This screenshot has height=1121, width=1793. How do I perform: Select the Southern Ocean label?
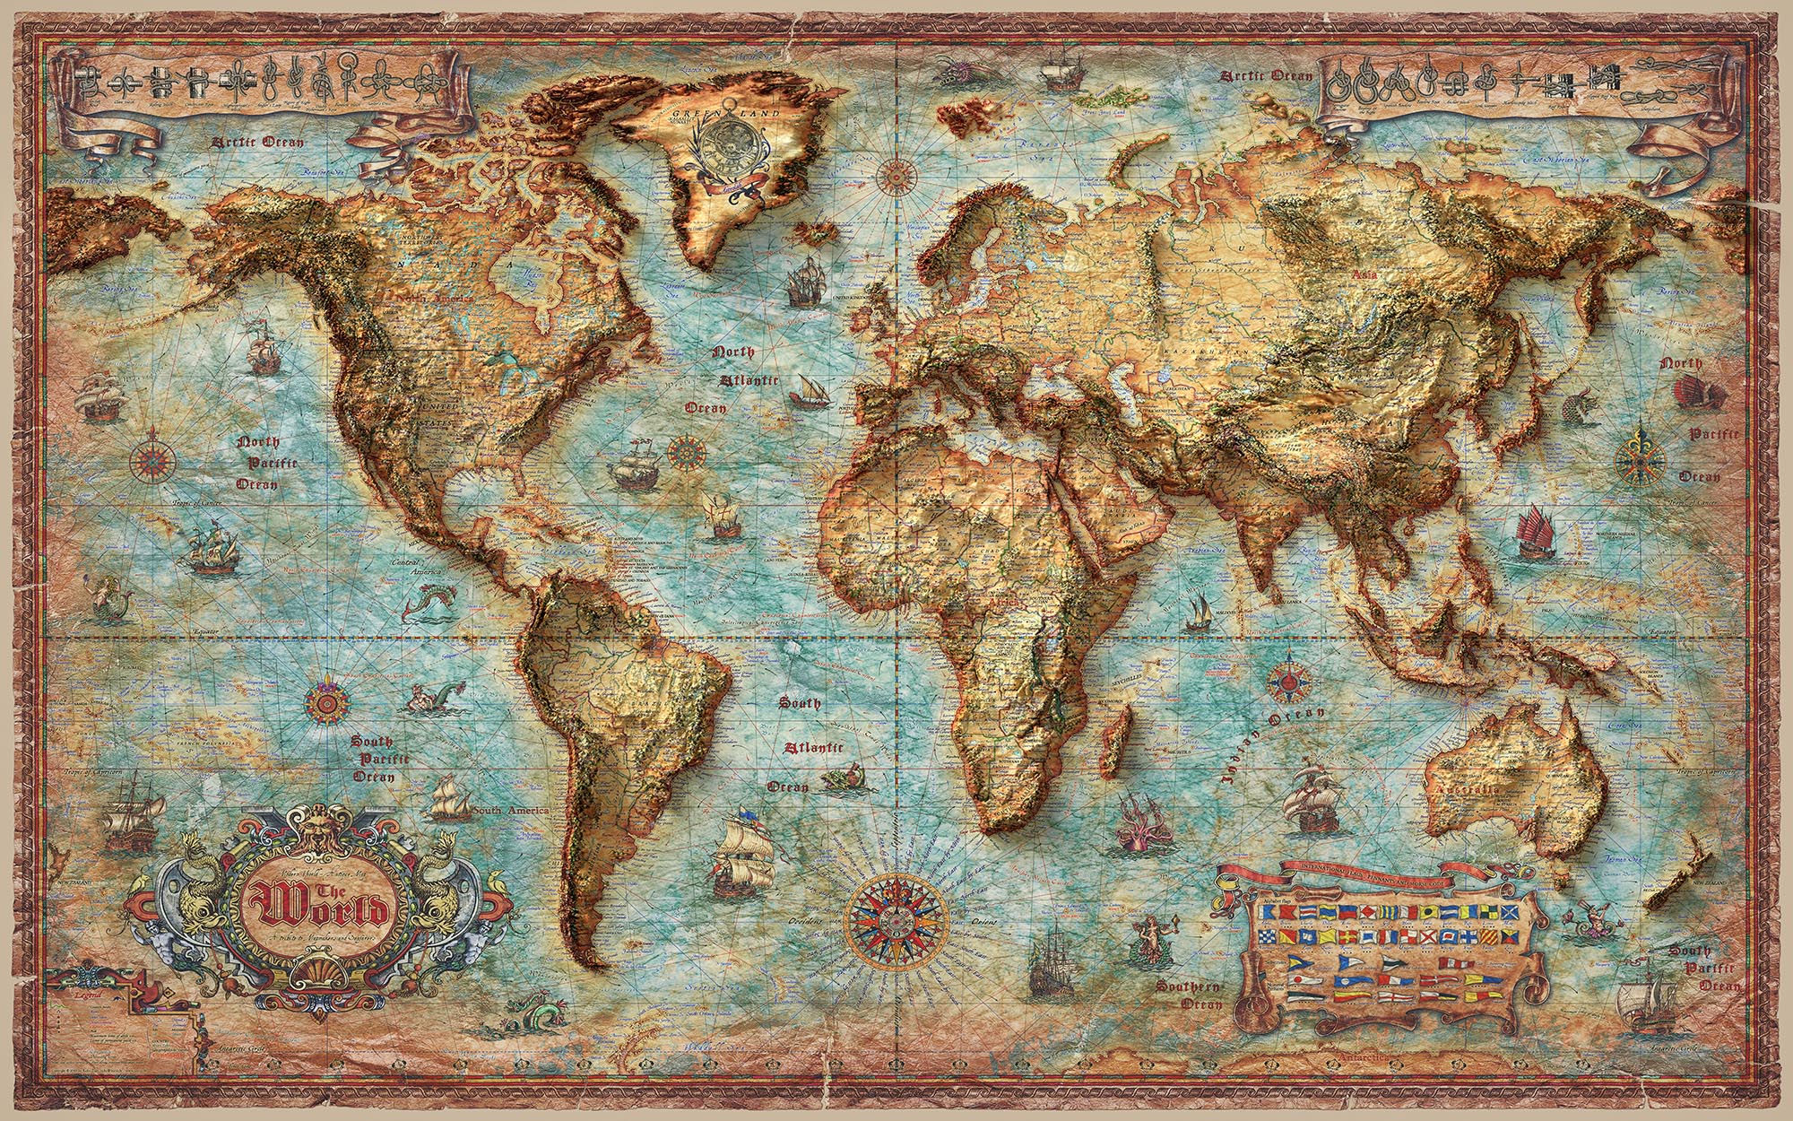pos(1189,995)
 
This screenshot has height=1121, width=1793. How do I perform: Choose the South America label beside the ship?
pos(511,811)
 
